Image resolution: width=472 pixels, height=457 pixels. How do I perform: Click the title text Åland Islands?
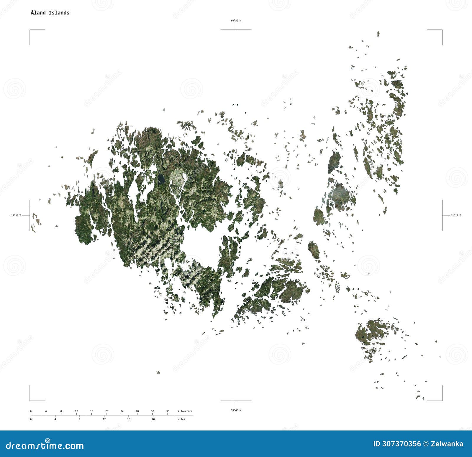click(x=50, y=13)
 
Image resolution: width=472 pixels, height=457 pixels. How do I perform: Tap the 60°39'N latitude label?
click(x=236, y=21)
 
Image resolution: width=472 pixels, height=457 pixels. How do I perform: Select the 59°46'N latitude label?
click(x=236, y=410)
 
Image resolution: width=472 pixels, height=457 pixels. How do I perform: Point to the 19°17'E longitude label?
click(x=16, y=215)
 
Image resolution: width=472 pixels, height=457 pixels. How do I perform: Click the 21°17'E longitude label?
click(x=455, y=215)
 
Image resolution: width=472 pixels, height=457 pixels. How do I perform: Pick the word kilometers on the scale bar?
click(x=185, y=411)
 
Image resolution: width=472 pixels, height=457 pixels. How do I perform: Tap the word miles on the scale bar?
click(x=181, y=419)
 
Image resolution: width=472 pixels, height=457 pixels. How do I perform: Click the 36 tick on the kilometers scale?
click(x=168, y=411)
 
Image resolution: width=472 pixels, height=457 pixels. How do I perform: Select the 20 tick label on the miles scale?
click(x=153, y=419)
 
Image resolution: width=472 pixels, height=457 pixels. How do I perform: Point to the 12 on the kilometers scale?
click(x=76, y=411)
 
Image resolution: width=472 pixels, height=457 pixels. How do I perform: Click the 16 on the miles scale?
click(x=129, y=419)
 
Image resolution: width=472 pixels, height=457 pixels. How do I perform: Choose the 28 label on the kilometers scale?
click(x=137, y=411)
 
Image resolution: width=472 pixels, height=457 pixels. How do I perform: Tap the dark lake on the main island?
click(x=161, y=179)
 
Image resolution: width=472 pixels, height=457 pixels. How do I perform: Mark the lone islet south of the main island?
click(x=158, y=372)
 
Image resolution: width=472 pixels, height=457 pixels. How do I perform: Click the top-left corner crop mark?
click(x=30, y=30)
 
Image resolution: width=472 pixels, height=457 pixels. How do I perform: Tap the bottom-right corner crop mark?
click(x=442, y=400)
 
